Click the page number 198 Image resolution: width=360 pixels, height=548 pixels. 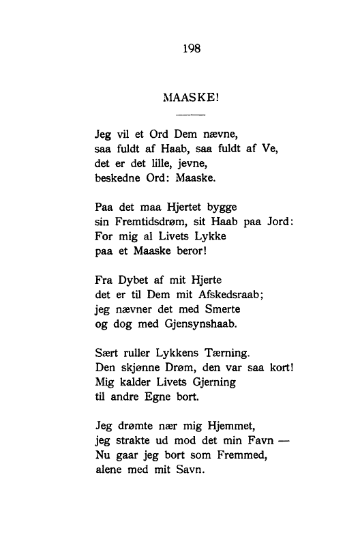tap(190, 48)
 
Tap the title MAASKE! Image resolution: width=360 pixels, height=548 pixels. tap(190, 98)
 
